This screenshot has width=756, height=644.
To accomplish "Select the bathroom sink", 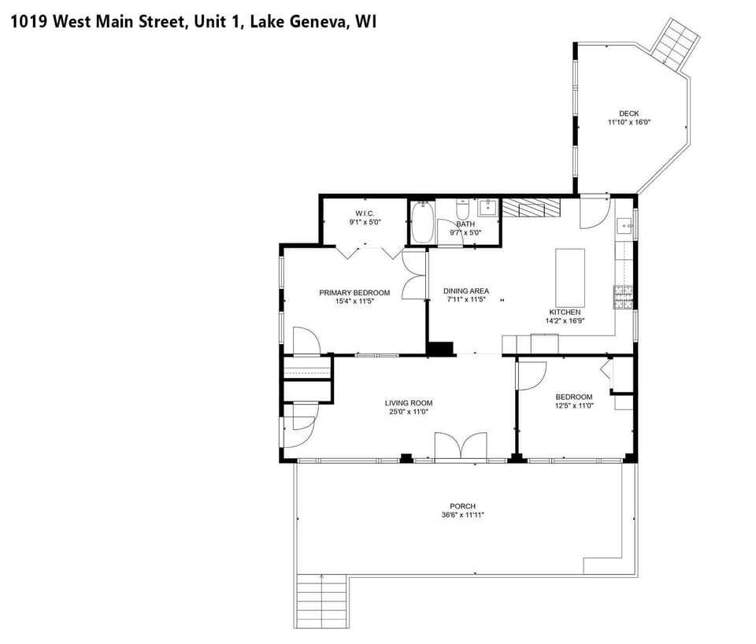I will point(487,208).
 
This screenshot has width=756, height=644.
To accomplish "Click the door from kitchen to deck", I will point(594,211).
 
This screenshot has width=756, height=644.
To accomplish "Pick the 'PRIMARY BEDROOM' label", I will point(354,293).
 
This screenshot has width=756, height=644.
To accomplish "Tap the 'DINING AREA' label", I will point(465,291).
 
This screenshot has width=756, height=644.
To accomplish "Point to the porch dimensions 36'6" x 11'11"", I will point(463,515).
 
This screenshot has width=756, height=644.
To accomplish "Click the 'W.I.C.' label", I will point(365,213).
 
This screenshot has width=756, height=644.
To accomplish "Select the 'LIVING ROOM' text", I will point(410,403).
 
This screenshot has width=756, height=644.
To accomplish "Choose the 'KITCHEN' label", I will point(565,312).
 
